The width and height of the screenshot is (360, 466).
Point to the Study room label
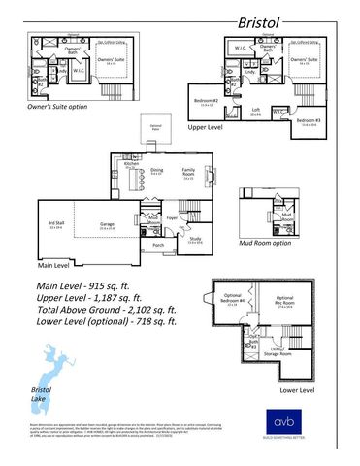coord(196,239)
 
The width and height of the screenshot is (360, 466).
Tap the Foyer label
coord(172,219)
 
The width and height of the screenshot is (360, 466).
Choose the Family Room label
coord(189,170)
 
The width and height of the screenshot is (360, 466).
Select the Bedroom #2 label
coord(204,101)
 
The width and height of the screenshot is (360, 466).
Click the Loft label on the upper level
coord(255,110)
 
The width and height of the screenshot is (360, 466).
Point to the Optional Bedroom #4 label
coord(230,301)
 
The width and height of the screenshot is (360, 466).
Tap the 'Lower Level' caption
coord(297,390)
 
